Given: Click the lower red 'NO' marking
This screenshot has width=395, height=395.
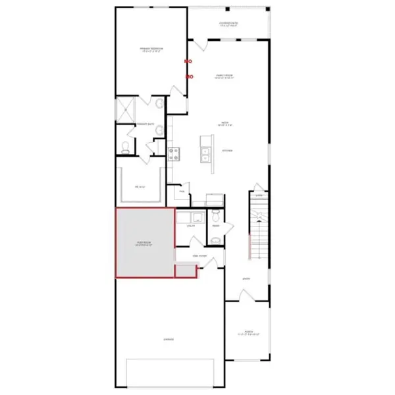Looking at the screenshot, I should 190,77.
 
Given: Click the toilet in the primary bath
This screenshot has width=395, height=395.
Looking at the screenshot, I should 125,148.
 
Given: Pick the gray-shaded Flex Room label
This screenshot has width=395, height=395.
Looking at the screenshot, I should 145,243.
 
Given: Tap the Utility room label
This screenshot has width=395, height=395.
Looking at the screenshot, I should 190,226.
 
